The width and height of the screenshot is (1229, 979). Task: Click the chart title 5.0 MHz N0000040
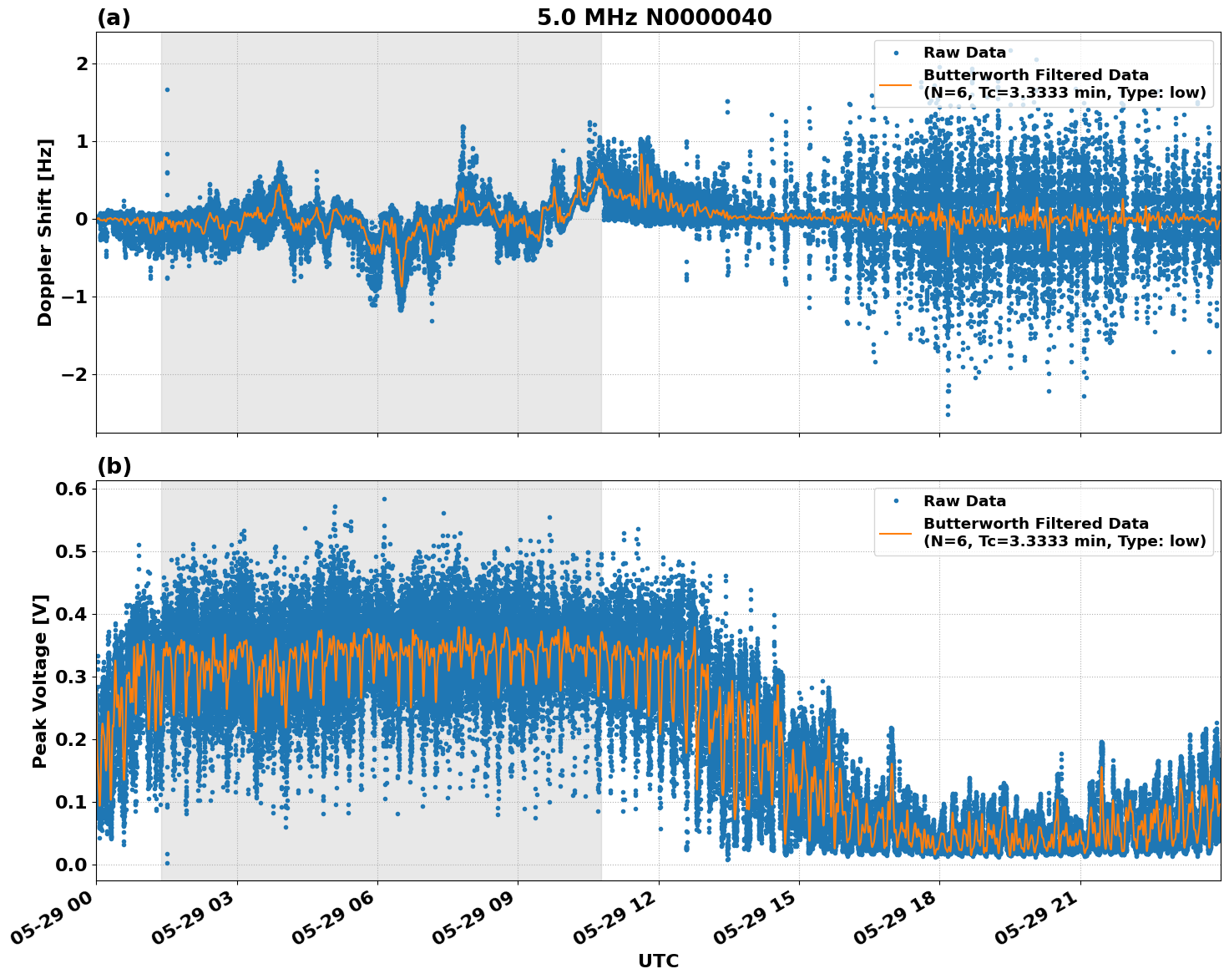654,18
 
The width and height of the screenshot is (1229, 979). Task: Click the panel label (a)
114,18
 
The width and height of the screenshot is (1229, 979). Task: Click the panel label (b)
114,466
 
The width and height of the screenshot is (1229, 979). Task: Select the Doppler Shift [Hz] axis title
45,232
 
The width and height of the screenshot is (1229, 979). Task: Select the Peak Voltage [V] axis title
40,681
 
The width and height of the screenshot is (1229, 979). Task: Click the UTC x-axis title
658,961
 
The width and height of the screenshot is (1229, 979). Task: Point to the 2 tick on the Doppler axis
82,64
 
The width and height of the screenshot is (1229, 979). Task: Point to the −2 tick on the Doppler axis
74,375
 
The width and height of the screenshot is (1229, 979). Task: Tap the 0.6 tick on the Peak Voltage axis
71,489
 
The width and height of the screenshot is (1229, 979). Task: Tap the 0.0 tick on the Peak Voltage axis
71,865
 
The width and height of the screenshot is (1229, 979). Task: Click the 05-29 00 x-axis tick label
53,923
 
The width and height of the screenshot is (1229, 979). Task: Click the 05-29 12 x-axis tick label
616,923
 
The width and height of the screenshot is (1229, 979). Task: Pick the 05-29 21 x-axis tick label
1038,923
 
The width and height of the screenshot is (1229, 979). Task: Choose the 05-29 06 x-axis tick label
335,923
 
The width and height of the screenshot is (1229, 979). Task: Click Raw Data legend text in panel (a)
964,53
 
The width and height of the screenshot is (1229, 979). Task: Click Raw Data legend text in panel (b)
964,501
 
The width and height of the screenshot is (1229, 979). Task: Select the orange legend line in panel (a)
895,84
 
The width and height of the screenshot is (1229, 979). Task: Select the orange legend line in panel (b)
895,533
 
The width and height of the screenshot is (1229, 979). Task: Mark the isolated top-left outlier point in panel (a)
167,89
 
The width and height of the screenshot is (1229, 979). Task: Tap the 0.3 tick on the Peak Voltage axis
71,677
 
